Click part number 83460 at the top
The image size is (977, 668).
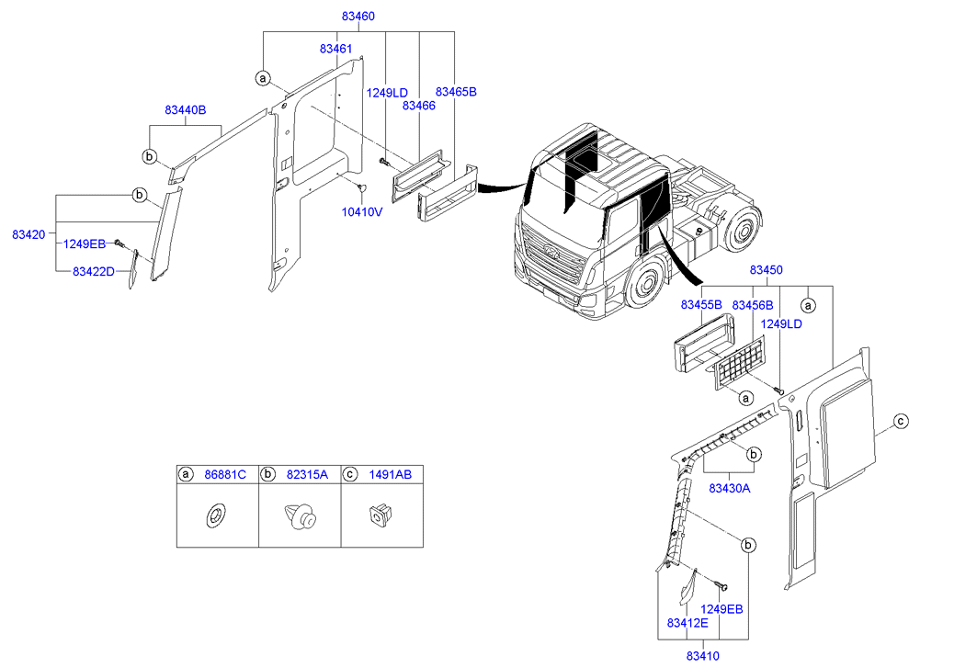[358, 17]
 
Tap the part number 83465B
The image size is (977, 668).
[456, 92]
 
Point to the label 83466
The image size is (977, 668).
[418, 106]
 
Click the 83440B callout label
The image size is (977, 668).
[186, 110]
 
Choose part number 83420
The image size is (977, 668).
[28, 235]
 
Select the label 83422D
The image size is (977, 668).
[94, 272]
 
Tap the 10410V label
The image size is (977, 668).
[362, 211]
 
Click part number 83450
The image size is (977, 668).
[766, 271]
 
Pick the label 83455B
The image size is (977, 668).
[701, 304]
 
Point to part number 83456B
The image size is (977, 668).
[752, 304]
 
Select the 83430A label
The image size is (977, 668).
[730, 488]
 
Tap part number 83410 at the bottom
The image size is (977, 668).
[702, 655]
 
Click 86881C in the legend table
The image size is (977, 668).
[225, 474]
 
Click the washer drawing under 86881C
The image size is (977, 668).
[217, 516]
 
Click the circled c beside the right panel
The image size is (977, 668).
[902, 422]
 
